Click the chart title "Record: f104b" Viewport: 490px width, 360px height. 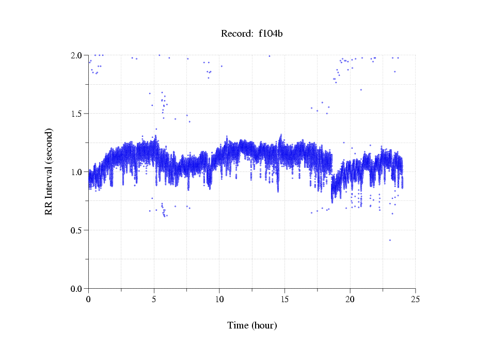pyautogui.click(x=252, y=34)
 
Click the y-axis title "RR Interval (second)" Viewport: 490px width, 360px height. pyautogui.click(x=49, y=171)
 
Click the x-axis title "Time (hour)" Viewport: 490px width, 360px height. pyautogui.click(x=252, y=325)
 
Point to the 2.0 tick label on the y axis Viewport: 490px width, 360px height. pyautogui.click(x=77, y=55)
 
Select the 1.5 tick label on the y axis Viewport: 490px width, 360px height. pyautogui.click(x=77, y=114)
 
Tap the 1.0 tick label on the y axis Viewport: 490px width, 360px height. pyautogui.click(x=77, y=172)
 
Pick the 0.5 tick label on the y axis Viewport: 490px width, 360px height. pyautogui.click(x=77, y=230)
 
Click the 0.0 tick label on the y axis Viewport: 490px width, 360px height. pyautogui.click(x=77, y=289)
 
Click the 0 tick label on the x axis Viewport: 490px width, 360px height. pyautogui.click(x=89, y=299)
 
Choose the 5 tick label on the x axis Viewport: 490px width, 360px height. pyautogui.click(x=154, y=299)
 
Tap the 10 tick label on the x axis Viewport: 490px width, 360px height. pyautogui.click(x=219, y=299)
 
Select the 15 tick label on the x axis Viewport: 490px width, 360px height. pyautogui.click(x=284, y=299)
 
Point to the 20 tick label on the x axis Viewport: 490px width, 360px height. pyautogui.click(x=350, y=299)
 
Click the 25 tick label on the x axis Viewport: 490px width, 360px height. pyautogui.click(x=415, y=299)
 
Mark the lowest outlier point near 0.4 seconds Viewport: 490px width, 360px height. pyautogui.click(x=390, y=240)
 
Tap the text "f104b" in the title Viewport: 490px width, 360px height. pyautogui.click(x=271, y=34)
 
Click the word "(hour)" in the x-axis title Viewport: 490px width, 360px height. pyautogui.click(x=264, y=325)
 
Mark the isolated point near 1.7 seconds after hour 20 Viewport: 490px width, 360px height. pyautogui.click(x=361, y=90)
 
